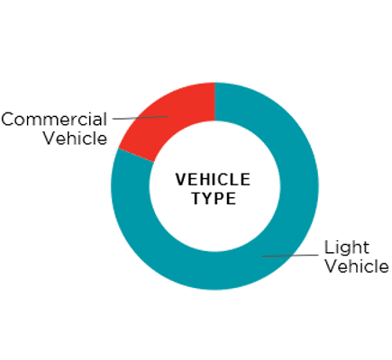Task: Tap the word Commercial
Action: [x=54, y=120]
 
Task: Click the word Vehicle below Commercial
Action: [x=75, y=139]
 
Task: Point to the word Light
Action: [x=347, y=247]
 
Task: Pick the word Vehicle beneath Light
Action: [x=358, y=266]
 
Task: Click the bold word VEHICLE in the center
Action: [x=213, y=180]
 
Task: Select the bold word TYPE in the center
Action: [x=214, y=198]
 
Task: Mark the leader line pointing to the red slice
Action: [x=141, y=118]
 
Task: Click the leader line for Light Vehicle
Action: [x=290, y=256]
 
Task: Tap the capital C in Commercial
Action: [x=8, y=120]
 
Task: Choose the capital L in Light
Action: [x=329, y=247]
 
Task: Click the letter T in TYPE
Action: [x=197, y=198]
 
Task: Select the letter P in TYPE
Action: [x=221, y=198]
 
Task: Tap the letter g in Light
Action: [x=346, y=250]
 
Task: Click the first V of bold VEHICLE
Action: [x=181, y=180]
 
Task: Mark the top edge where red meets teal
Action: [x=215, y=83]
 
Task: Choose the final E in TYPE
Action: [x=232, y=198]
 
